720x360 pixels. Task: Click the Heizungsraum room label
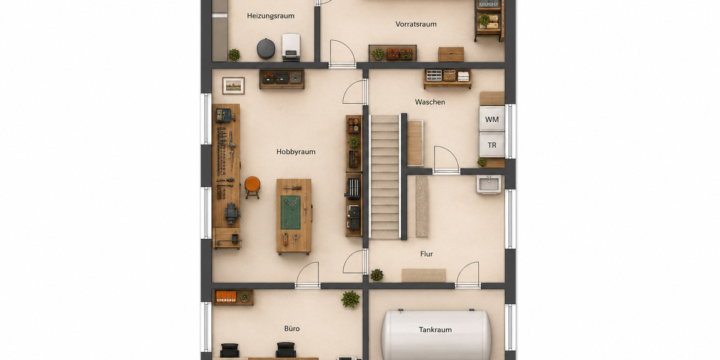tap(271, 16)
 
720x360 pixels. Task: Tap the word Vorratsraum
tap(416, 24)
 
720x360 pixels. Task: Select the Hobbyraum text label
tap(296, 152)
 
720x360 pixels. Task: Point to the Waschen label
tap(430, 102)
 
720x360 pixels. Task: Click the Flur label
tap(427, 254)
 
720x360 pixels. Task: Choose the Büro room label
tap(292, 329)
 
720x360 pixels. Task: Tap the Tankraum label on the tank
tap(435, 329)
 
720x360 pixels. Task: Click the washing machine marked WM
tap(492, 119)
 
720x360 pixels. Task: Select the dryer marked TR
tap(492, 145)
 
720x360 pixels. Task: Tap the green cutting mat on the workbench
tap(290, 212)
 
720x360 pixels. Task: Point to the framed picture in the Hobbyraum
tap(233, 86)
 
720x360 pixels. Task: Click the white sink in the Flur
tap(488, 185)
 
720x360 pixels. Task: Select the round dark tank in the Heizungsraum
tap(266, 49)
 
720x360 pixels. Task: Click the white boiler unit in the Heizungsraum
tap(291, 47)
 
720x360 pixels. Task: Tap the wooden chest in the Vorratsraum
tap(451, 55)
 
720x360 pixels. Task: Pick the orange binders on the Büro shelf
tap(226, 296)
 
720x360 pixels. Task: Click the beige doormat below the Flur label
tap(424, 275)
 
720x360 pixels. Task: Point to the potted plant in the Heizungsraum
tap(235, 55)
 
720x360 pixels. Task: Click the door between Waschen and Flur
tap(446, 161)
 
